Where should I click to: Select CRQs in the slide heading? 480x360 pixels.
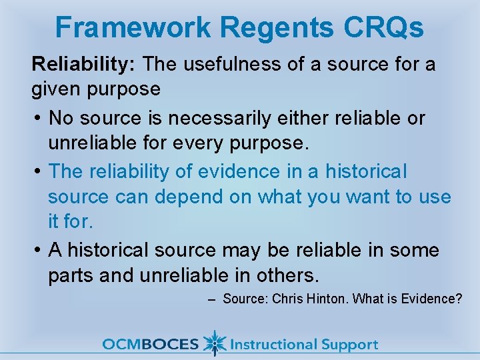382,27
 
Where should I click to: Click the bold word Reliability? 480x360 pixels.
85,65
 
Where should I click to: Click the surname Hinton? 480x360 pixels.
325,299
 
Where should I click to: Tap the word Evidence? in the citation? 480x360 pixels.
433,299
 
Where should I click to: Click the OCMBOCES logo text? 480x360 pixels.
150,345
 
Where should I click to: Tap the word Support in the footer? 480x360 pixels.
349,345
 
